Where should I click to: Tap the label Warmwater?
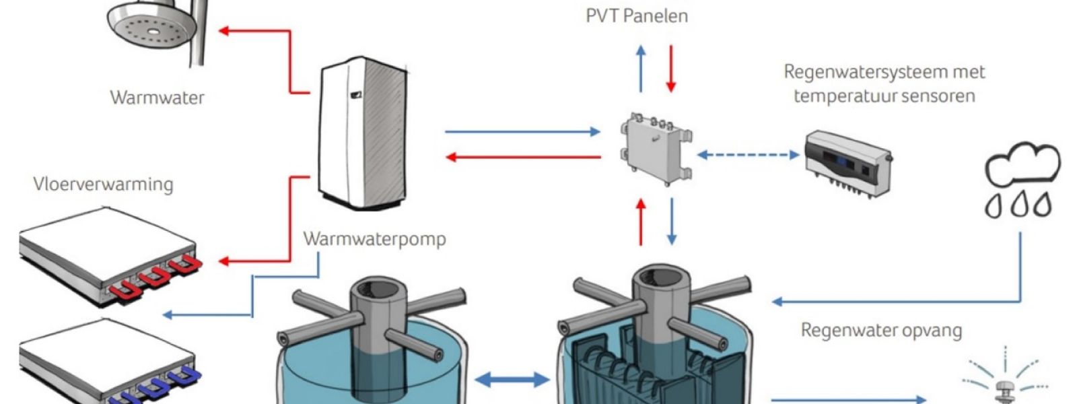tap(157, 98)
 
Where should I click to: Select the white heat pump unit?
tap(362, 135)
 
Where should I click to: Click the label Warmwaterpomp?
tap(374, 239)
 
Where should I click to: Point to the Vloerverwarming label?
tap(103, 184)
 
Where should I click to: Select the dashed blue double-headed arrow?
tap(748, 155)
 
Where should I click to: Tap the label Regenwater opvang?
tap(881, 331)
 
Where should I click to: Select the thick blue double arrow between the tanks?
tap(512, 380)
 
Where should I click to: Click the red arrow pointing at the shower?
tap(256, 31)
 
